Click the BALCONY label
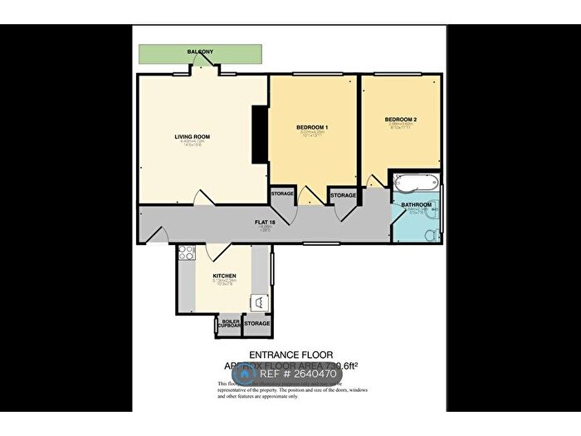(x=200, y=52)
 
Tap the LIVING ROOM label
(x=192, y=136)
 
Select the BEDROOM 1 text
(x=313, y=127)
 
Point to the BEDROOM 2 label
(x=400, y=120)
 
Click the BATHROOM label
(x=417, y=204)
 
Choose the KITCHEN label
(x=225, y=276)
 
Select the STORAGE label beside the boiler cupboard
(x=257, y=323)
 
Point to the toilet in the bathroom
(x=429, y=236)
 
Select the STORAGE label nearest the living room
(x=282, y=195)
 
